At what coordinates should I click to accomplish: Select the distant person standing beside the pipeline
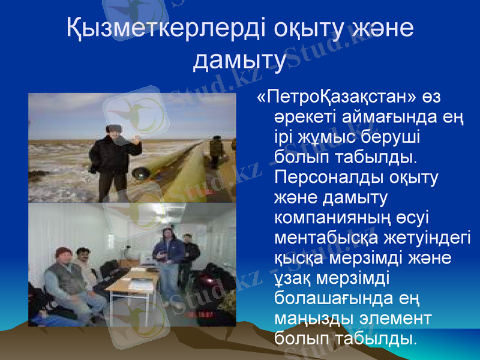coord(214,150)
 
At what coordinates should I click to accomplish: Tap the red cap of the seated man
coord(62,253)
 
